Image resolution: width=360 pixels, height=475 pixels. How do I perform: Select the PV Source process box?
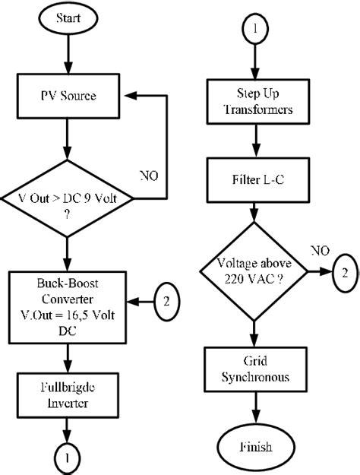(x=68, y=97)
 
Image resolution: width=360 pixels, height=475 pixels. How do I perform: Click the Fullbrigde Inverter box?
(x=68, y=393)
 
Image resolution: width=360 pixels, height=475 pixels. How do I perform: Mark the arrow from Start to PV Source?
(x=68, y=55)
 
